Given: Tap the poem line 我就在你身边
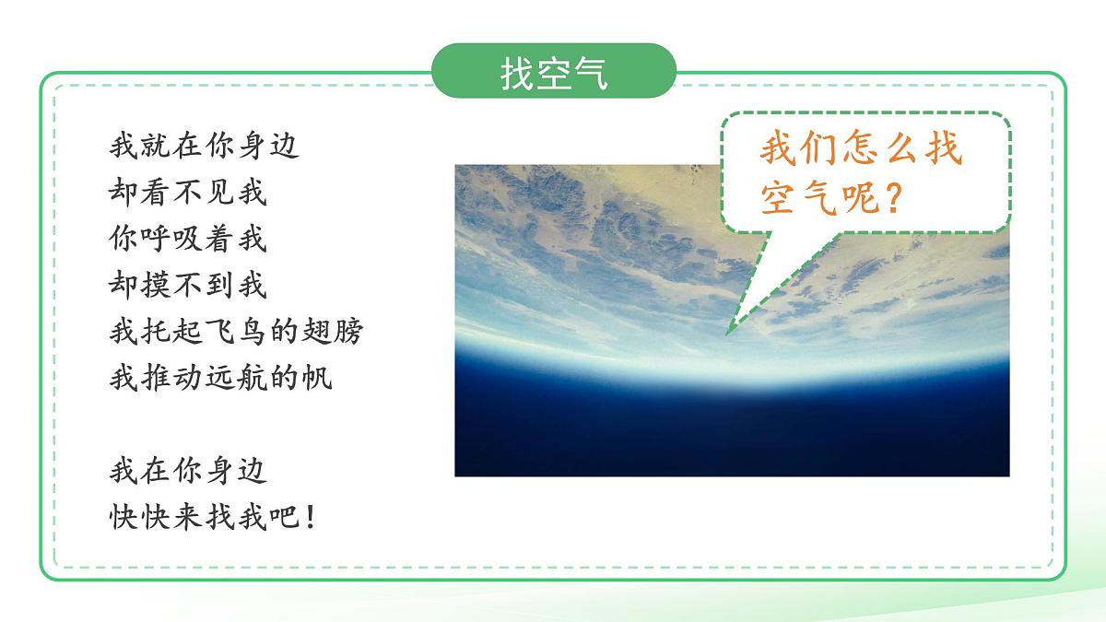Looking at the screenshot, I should (205, 146).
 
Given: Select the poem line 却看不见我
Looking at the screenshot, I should (188, 193).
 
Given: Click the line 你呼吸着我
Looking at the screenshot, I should (188, 240).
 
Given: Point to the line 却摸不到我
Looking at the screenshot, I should (188, 286).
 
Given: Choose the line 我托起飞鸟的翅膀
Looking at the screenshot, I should (236, 332).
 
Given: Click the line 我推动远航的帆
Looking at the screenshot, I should (220, 378).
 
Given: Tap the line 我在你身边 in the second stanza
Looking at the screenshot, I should (188, 471).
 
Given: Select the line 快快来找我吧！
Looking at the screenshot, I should (213, 517).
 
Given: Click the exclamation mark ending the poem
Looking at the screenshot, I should (309, 517).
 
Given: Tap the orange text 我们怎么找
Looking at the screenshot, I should (861, 149).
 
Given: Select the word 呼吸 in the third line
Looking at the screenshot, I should (171, 240).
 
